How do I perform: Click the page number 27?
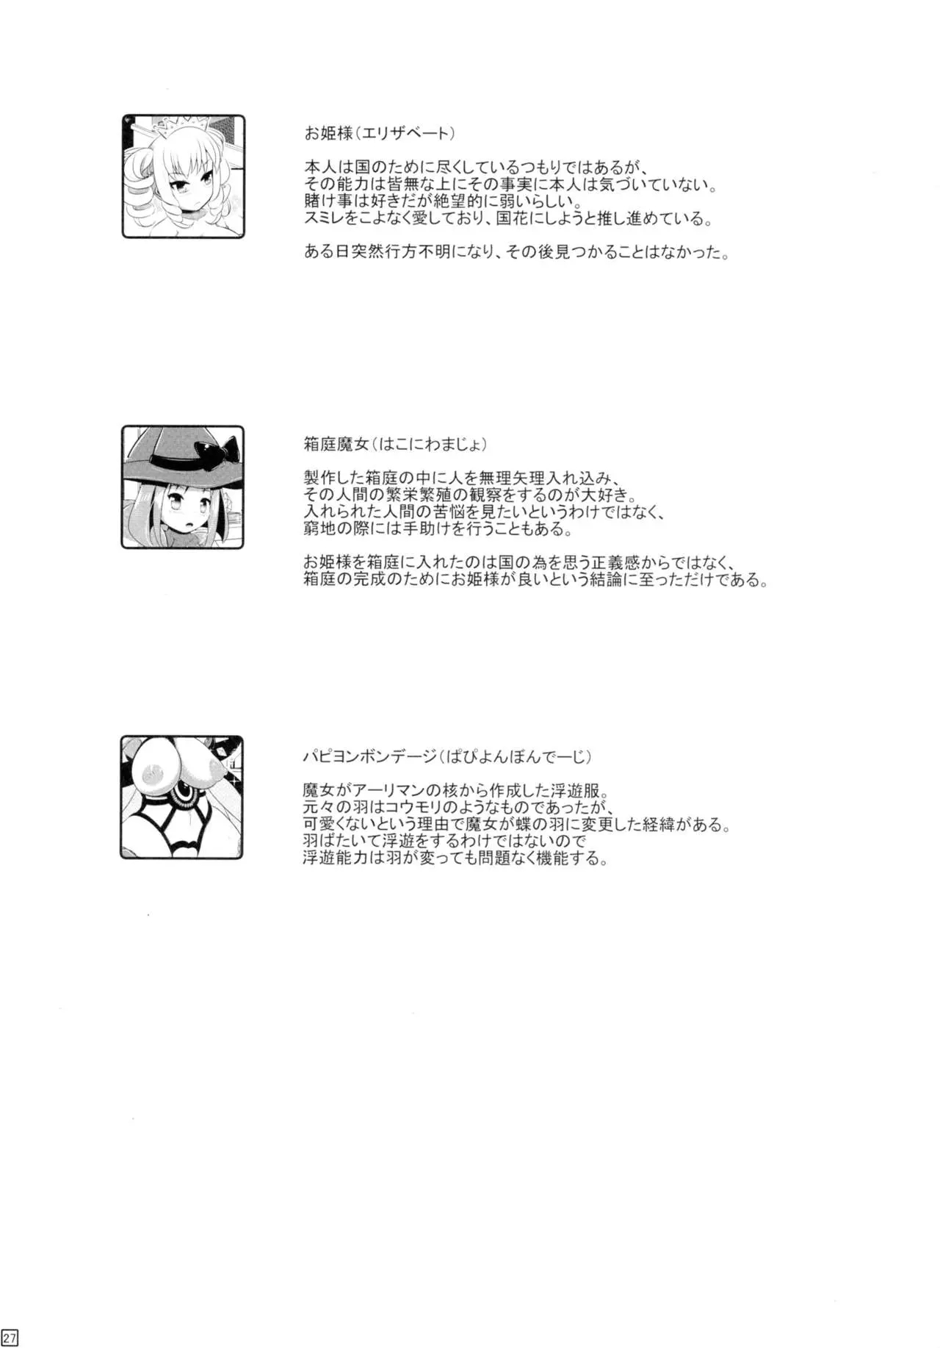10,1338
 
